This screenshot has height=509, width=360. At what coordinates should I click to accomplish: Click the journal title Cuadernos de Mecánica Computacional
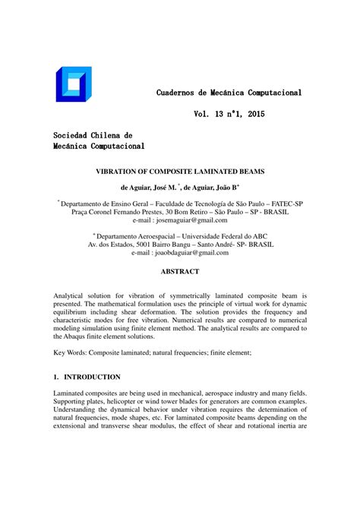pyautogui.click(x=229, y=93)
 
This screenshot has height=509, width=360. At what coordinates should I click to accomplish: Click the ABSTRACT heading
pyautogui.click(x=179, y=272)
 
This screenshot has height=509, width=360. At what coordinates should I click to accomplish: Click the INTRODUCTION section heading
pyautogui.click(x=92, y=377)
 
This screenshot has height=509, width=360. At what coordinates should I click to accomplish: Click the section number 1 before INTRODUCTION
pyautogui.click(x=56, y=377)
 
